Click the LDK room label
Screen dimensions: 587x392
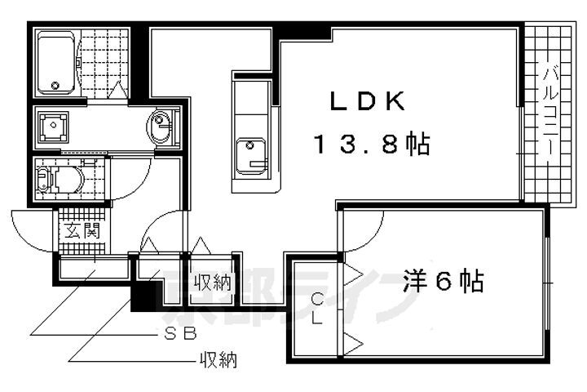(367, 101)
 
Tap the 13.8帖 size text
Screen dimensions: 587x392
(372, 144)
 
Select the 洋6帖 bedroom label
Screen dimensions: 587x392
(444, 281)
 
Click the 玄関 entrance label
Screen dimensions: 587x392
(82, 230)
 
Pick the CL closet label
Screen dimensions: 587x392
(317, 309)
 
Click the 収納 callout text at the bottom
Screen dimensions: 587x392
(218, 361)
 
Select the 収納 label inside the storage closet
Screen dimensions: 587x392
(212, 283)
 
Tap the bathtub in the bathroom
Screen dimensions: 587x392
(56, 63)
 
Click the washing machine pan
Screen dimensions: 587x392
(54, 127)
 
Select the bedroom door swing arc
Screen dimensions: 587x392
(363, 231)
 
